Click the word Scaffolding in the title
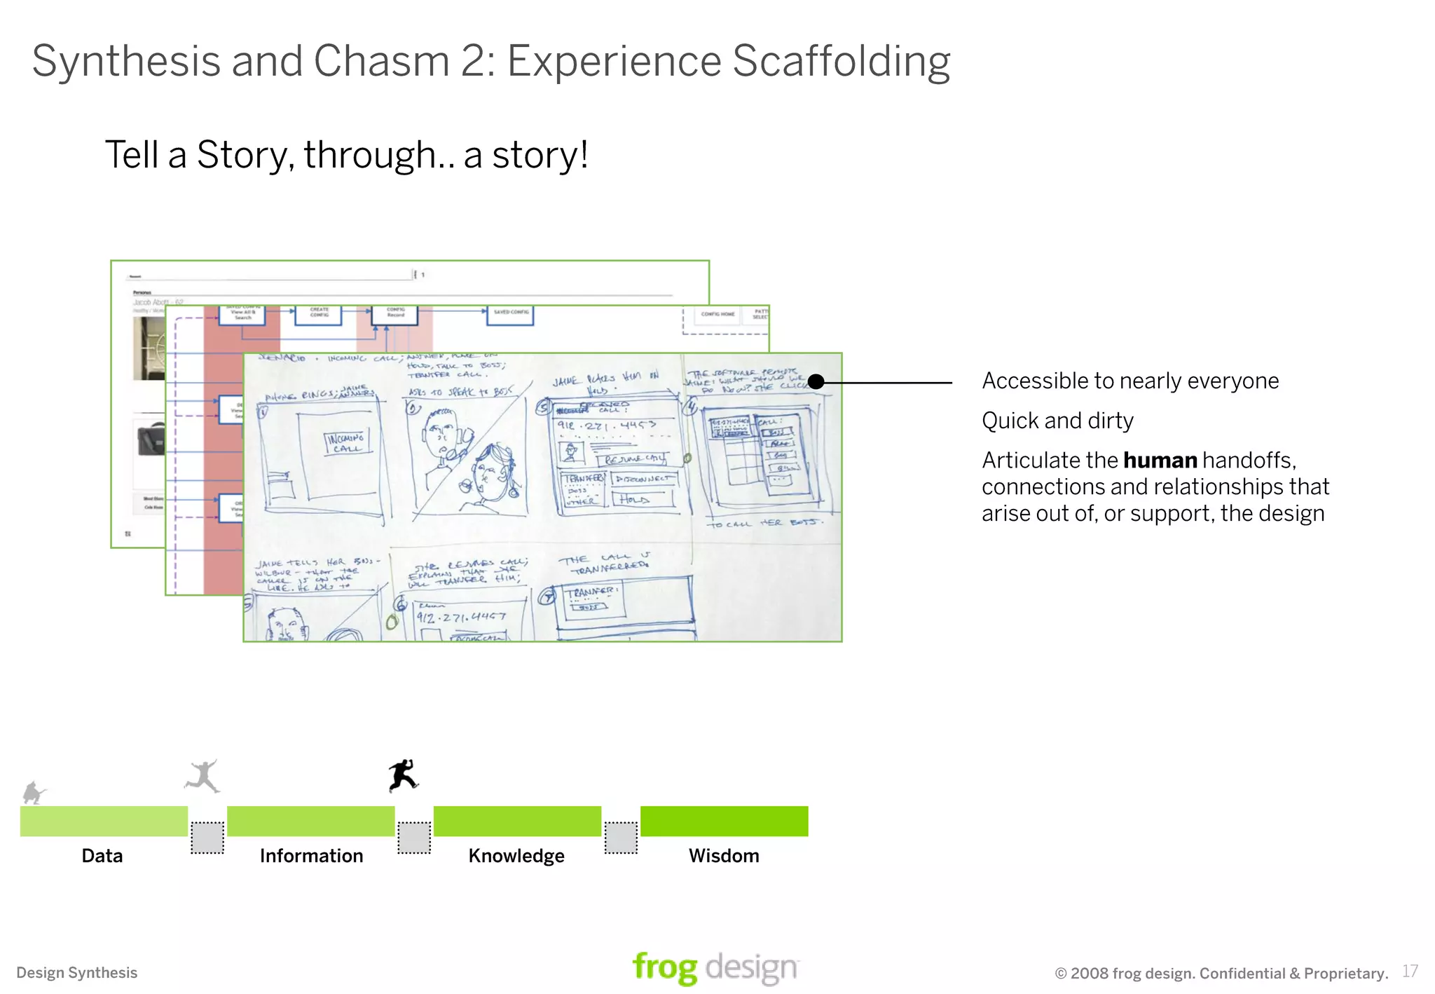point(841,61)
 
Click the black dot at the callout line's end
point(816,382)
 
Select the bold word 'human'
point(1160,461)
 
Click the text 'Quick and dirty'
point(1057,421)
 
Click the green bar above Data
point(104,821)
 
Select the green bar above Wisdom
point(724,821)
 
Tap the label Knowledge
point(516,856)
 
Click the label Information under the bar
point(311,856)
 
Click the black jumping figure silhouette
point(403,775)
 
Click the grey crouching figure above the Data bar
point(33,793)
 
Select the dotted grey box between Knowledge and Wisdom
point(621,838)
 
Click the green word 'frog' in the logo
point(664,968)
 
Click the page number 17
point(1410,972)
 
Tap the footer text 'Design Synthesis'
point(77,973)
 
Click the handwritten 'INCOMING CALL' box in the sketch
point(345,442)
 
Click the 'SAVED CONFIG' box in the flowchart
point(510,314)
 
